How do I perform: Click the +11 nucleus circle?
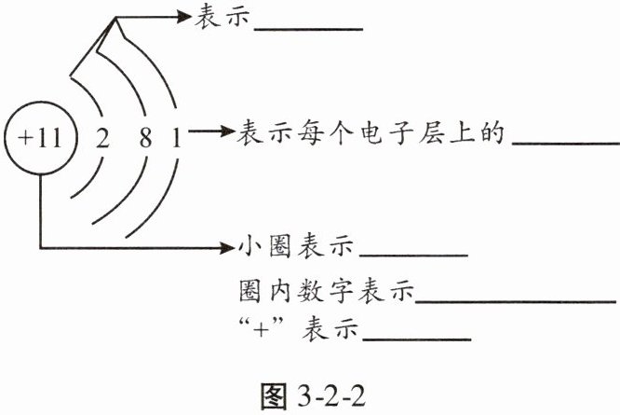coord(40,138)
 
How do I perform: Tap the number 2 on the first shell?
coord(102,139)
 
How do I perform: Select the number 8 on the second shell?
coord(145,139)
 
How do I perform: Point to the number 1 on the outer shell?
coord(175,139)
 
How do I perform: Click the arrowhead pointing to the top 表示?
coord(182,16)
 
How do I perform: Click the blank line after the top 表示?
coord(307,28)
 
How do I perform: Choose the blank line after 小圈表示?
coord(413,256)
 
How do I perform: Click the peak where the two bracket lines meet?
coord(116,19)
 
